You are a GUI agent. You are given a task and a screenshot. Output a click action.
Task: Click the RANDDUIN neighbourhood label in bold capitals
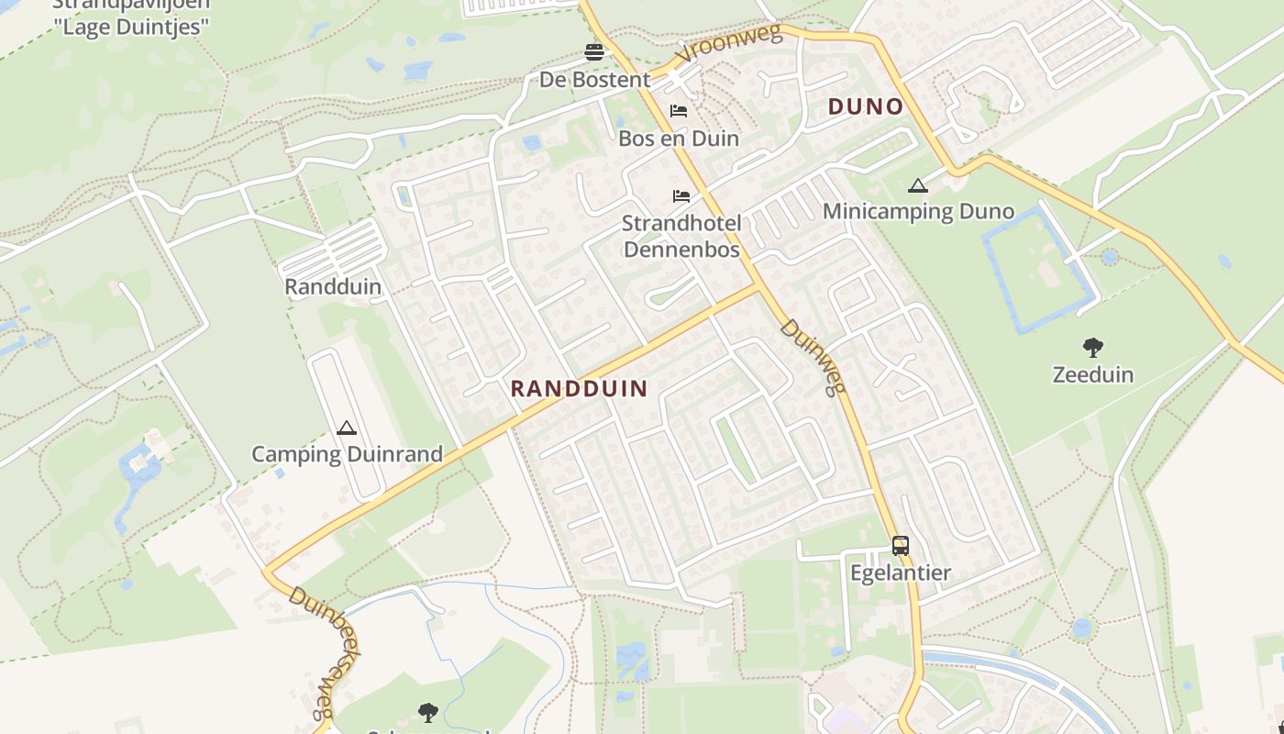tap(579, 388)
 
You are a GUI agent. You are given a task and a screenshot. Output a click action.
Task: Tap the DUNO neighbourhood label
tap(866, 106)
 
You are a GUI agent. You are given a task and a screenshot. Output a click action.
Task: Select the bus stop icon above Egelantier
tap(901, 546)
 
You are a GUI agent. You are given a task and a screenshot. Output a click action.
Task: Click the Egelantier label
tap(901, 573)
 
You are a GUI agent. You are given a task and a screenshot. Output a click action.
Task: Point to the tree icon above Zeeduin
tap(1092, 348)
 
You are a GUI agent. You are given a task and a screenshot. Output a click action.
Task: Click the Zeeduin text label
tap(1092, 374)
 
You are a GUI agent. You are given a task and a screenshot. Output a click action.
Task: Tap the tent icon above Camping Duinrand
tap(346, 428)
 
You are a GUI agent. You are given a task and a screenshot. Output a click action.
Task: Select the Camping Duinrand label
tap(347, 454)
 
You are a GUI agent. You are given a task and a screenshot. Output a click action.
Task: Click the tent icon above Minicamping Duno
tap(917, 186)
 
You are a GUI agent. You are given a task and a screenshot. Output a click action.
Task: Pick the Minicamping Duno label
tap(918, 212)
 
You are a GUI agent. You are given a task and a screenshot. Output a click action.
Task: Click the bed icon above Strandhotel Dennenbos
tap(681, 196)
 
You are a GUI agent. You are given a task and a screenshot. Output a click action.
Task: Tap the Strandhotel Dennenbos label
tap(681, 236)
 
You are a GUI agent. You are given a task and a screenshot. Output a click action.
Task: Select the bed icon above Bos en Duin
tap(679, 111)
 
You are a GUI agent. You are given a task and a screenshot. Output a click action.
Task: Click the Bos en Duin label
tap(679, 139)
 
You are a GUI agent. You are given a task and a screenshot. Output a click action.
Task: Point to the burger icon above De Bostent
tap(594, 51)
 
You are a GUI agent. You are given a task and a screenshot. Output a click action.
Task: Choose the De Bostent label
tap(594, 80)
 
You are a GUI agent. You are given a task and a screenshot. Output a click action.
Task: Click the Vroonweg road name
tap(729, 46)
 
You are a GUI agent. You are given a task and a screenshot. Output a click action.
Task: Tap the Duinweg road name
tap(813, 358)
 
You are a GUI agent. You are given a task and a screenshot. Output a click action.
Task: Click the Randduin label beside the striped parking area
tap(333, 286)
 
